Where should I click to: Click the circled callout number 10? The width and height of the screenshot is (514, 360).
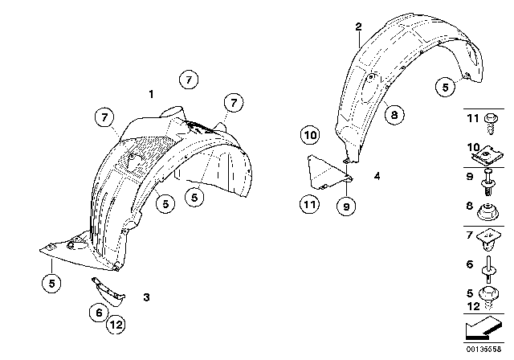click(x=311, y=133)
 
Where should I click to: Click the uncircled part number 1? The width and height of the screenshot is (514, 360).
click(x=150, y=95)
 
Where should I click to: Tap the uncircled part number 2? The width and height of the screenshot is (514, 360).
click(x=359, y=27)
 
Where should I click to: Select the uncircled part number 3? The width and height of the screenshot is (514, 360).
click(x=147, y=297)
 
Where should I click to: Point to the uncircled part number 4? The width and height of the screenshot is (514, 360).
click(x=376, y=174)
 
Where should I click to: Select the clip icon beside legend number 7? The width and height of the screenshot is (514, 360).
click(x=487, y=240)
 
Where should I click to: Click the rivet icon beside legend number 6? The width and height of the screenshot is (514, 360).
click(x=487, y=266)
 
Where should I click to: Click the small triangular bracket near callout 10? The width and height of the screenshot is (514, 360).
click(x=326, y=171)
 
